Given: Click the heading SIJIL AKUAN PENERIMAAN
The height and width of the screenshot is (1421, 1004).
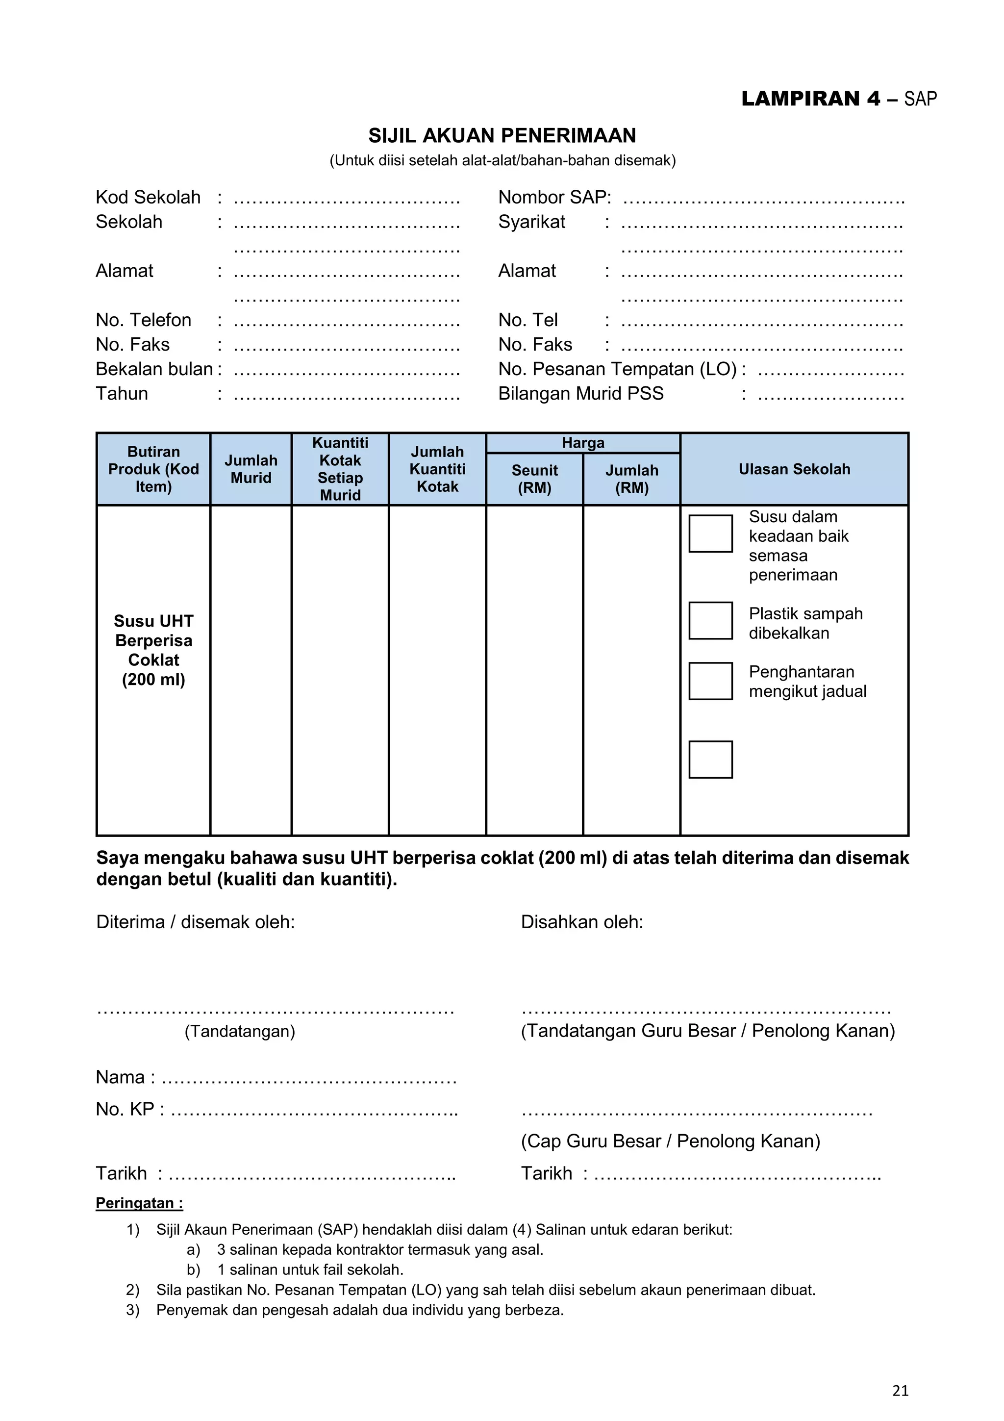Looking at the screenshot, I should [502, 135].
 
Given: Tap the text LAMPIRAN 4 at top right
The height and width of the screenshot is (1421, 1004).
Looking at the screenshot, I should [810, 99].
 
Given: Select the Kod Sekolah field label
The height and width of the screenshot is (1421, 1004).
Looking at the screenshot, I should [148, 198].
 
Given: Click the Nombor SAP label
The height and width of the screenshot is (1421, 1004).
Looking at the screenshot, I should [554, 198].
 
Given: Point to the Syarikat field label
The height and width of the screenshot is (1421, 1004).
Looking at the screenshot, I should [531, 222].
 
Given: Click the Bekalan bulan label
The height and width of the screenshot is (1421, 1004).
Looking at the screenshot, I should [154, 369].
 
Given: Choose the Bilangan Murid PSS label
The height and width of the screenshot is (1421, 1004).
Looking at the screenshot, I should [580, 394].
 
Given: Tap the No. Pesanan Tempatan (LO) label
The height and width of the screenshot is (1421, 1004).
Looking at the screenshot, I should [617, 369].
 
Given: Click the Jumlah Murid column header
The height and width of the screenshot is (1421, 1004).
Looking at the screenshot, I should [251, 469].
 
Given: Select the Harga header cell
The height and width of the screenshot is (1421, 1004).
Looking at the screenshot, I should [583, 443].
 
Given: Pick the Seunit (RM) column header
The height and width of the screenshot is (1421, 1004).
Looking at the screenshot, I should [534, 479].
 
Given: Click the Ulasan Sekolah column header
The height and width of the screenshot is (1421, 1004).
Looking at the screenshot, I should [794, 469].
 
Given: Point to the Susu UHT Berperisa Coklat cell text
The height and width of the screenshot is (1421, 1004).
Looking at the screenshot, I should [153, 650].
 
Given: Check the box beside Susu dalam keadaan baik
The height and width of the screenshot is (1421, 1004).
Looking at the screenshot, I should [710, 533].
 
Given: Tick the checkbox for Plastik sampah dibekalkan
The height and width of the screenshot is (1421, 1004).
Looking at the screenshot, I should [710, 621].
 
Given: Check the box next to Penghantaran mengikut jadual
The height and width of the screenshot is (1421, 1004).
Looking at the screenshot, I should [710, 682].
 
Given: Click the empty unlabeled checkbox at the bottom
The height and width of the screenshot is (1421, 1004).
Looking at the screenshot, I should [710, 760].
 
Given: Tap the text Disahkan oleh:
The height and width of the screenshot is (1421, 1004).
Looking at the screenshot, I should [581, 922].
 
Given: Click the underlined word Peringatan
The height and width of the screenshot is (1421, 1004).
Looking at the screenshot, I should [139, 1203].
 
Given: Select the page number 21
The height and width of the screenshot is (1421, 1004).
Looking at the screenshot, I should [900, 1391].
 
